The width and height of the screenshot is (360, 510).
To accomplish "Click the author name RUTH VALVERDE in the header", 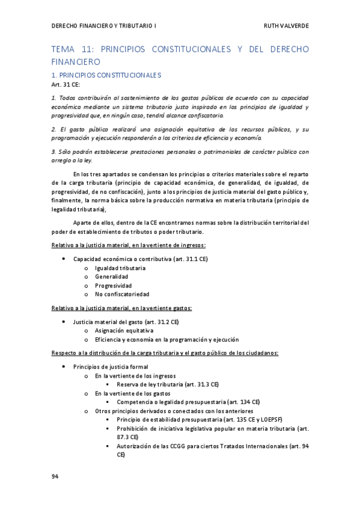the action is [286, 26].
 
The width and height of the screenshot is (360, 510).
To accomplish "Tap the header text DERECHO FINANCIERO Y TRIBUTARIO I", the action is [105, 26].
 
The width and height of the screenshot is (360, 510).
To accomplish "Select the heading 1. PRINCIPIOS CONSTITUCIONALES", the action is [106, 75].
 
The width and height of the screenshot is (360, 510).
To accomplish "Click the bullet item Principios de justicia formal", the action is [111, 366].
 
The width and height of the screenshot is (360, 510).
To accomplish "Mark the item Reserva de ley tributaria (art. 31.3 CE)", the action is [168, 384].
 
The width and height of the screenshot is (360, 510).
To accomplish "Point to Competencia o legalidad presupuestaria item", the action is [188, 402].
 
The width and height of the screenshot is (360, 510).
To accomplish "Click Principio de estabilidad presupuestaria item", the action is [200, 420].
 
